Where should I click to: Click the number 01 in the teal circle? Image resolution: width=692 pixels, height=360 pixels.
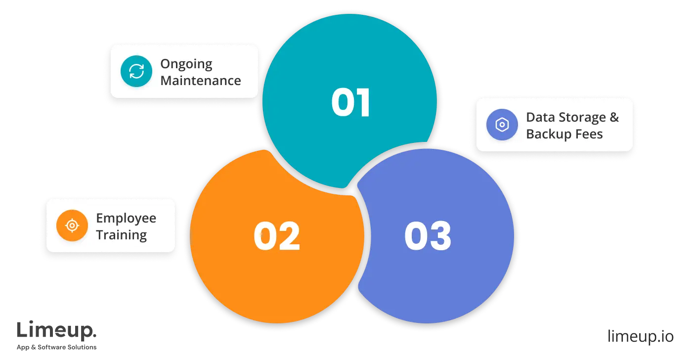tap(350, 103)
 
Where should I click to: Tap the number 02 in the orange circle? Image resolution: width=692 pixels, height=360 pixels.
tap(277, 236)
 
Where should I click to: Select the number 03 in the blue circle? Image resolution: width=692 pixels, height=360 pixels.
tap(428, 236)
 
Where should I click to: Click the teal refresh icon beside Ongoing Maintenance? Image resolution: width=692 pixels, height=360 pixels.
tap(136, 72)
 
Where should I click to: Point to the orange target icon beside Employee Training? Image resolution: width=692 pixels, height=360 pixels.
tap(72, 225)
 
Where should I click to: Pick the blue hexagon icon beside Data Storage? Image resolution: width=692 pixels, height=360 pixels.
tap(502, 125)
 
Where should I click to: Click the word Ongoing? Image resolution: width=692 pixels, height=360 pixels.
tap(186, 64)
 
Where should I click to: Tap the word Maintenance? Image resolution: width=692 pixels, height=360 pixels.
tap(201, 81)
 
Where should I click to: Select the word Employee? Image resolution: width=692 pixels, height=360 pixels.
tap(126, 218)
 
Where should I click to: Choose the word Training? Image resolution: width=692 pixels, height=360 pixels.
tap(121, 234)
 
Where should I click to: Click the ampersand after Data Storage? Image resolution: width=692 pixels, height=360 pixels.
tap(614, 117)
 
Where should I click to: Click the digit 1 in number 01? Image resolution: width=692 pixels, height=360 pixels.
tap(363, 103)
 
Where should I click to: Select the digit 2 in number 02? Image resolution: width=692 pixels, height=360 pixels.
tap(289, 236)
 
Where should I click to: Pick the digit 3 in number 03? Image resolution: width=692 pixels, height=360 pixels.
tap(439, 236)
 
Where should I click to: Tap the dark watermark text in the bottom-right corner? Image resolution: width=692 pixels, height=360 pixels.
tap(640, 336)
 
